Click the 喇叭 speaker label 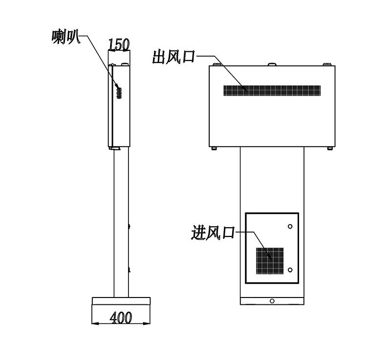[66, 37]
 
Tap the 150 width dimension [119, 45]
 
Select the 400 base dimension [121, 318]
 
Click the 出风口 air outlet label [174, 57]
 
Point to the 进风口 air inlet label [213, 233]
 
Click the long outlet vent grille [272, 91]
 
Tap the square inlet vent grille [270, 261]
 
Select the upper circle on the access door [290, 227]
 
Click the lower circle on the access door [290, 270]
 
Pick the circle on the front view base [272, 301]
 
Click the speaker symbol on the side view [119, 93]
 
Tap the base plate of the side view [121, 301]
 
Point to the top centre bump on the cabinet [272, 64]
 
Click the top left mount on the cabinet [217, 64]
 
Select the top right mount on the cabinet [327, 64]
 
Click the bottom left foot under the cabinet [214, 148]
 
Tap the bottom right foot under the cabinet [330, 148]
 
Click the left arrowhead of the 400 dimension [95, 323]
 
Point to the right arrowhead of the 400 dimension [147, 323]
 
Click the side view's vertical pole [121, 222]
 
